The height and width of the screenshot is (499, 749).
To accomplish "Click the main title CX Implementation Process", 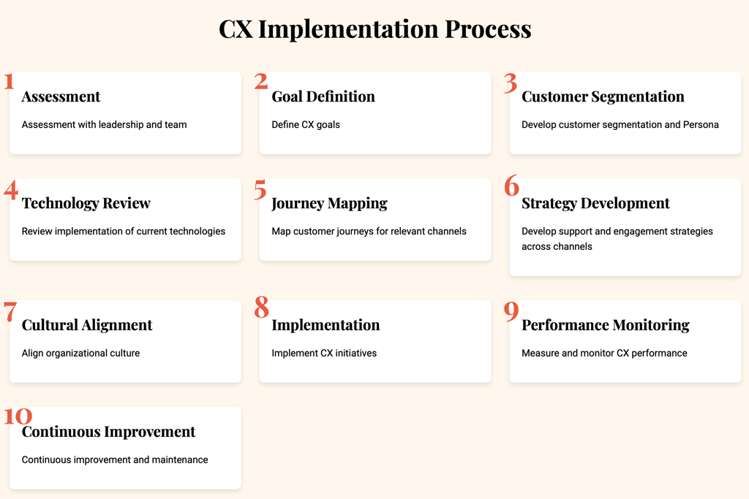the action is click(x=375, y=29).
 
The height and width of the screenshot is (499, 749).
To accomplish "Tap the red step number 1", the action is click(x=9, y=82).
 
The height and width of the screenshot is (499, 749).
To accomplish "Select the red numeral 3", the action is click(x=511, y=83).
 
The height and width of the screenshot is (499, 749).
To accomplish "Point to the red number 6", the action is click(x=511, y=186).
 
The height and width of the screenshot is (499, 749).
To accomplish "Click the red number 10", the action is click(x=18, y=416).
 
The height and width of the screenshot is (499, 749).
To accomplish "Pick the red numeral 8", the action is click(x=261, y=307).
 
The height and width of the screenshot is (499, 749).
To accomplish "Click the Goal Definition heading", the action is click(x=323, y=96).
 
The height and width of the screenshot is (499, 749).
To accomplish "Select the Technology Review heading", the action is click(x=86, y=203).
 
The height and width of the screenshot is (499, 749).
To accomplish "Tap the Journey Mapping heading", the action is click(x=330, y=204).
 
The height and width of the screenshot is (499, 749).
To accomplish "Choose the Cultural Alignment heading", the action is click(x=87, y=325).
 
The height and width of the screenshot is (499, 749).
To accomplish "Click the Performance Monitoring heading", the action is click(x=606, y=325).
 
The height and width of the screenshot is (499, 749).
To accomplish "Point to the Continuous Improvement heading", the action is click(x=108, y=432).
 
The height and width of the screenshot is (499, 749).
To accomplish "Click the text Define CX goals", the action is click(x=306, y=124).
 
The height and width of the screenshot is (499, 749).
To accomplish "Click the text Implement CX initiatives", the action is click(x=324, y=353).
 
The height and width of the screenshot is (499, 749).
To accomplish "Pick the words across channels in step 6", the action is click(x=557, y=247).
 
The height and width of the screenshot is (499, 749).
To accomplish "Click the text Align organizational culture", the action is click(x=80, y=353).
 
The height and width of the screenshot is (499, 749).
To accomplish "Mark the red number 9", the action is click(x=511, y=311).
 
